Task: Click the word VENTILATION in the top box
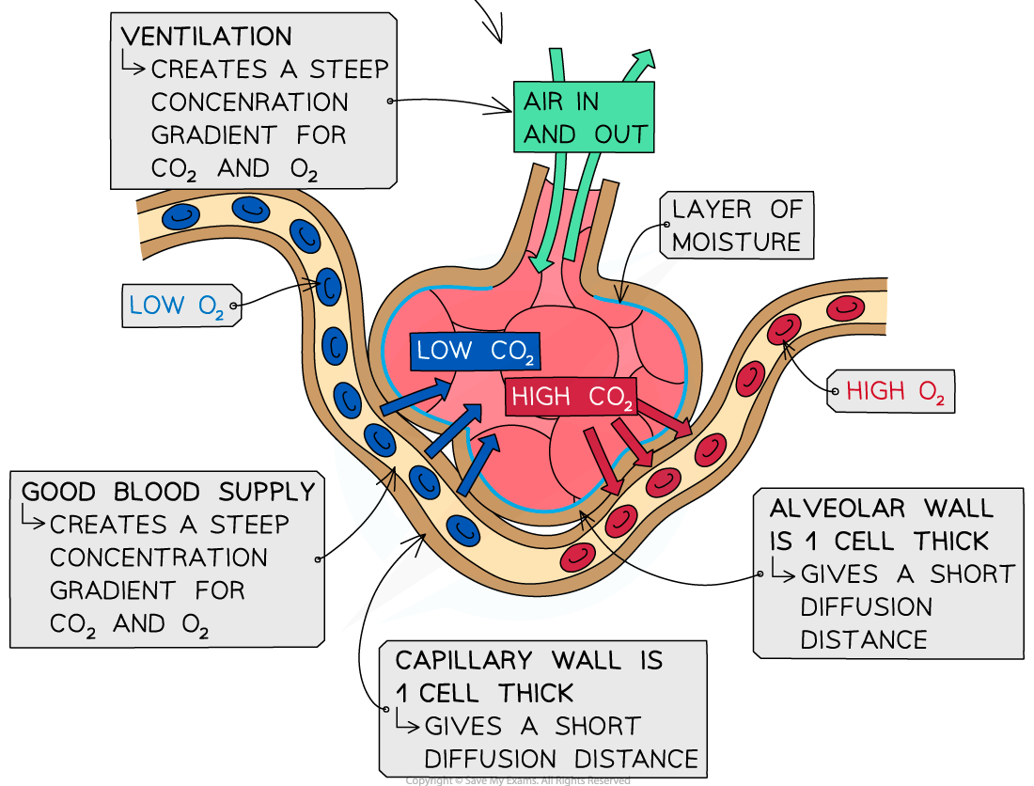click(x=207, y=37)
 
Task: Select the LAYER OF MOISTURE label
click(x=736, y=226)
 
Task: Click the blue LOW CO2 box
click(x=476, y=351)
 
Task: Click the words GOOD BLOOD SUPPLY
click(x=168, y=492)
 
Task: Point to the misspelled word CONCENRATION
click(x=249, y=102)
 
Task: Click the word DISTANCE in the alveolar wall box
click(x=863, y=640)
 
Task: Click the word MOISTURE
click(x=736, y=242)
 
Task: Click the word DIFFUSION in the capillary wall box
click(x=490, y=759)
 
